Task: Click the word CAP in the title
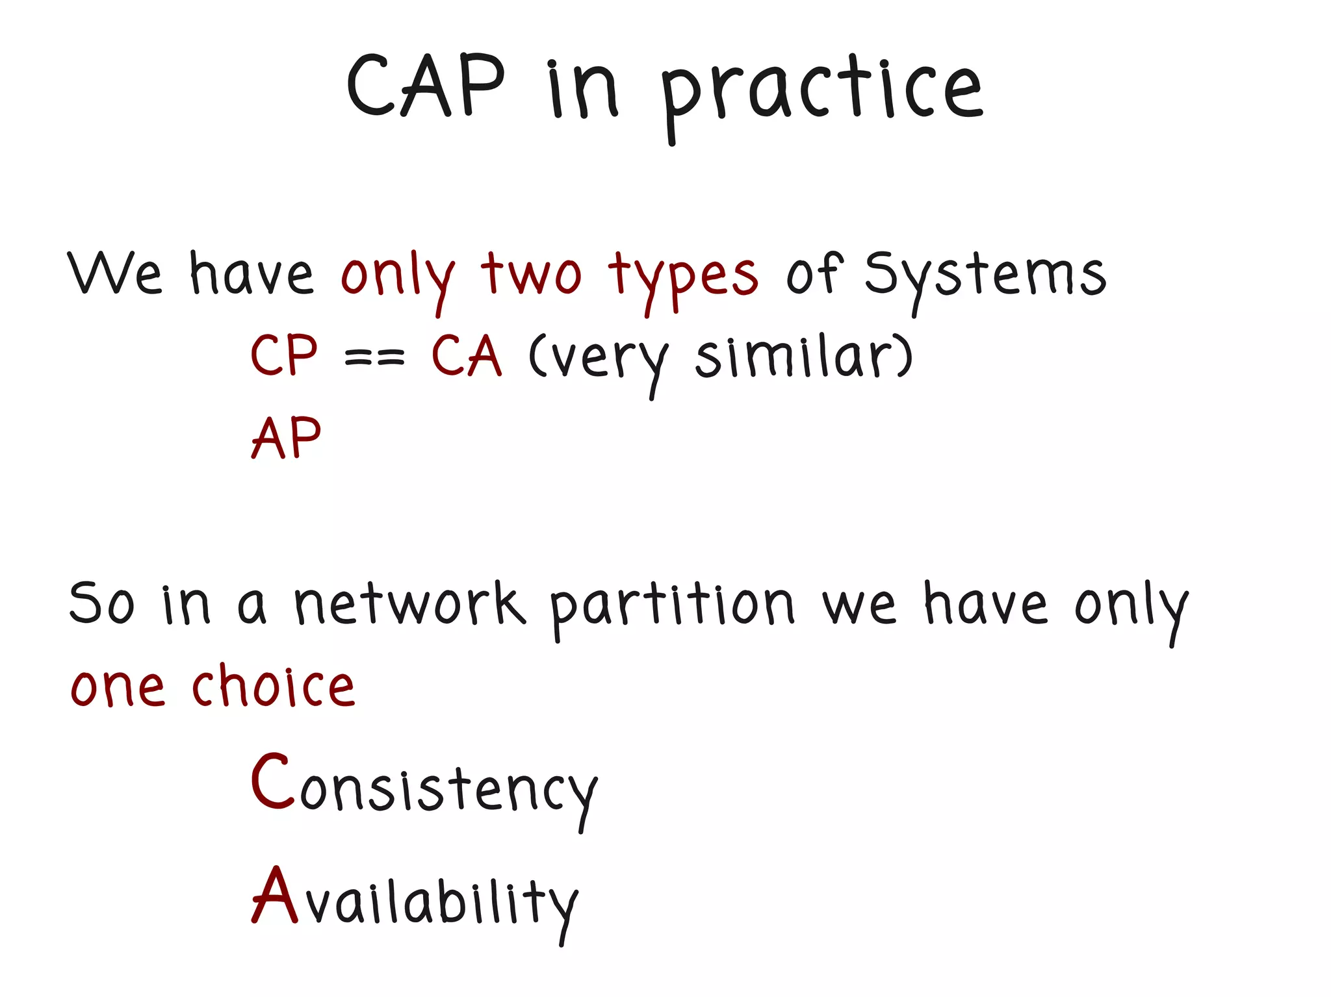[426, 86]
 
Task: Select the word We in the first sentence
[114, 273]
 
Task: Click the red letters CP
[284, 355]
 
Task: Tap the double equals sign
[374, 357]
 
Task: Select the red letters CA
[467, 355]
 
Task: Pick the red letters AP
[286, 438]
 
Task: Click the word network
[409, 604]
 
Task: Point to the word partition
[671, 605]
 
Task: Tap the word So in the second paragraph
[102, 604]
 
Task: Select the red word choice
[273, 687]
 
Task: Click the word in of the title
[582, 91]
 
